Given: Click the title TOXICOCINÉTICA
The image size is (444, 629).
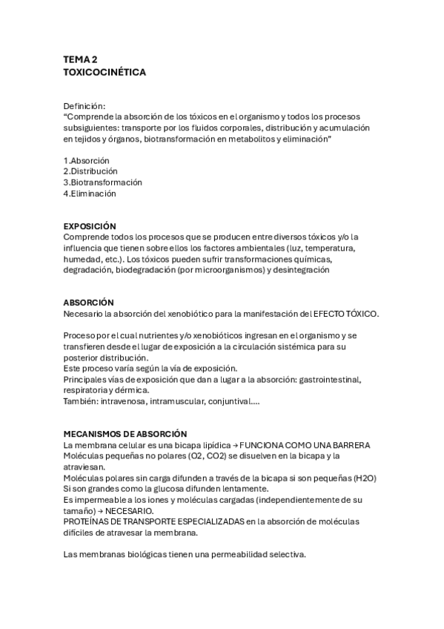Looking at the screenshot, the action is pyautogui.click(x=105, y=73).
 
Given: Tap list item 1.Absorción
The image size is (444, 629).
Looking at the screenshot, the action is pyautogui.click(x=87, y=160).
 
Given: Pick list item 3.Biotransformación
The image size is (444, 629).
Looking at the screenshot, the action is pyautogui.click(x=102, y=182).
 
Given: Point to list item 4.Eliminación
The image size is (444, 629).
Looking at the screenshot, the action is pyautogui.click(x=90, y=194).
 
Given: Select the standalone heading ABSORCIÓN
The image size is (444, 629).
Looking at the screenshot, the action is pyautogui.click(x=88, y=303).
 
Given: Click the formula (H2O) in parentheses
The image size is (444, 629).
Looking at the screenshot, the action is pyautogui.click(x=365, y=478).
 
